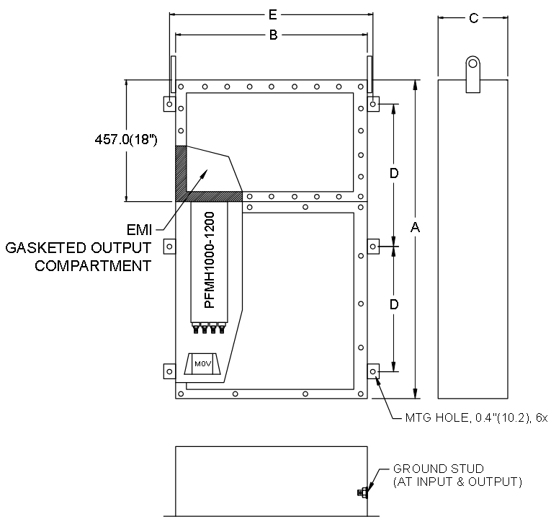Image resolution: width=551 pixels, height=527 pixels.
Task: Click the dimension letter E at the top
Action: [x=273, y=14]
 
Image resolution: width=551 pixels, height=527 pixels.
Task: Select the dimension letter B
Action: [x=273, y=35]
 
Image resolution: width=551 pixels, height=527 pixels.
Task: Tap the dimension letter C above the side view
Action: [x=474, y=18]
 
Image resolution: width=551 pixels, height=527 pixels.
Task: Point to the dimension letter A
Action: [x=415, y=228]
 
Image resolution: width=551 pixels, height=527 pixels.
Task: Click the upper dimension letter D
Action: [x=394, y=173]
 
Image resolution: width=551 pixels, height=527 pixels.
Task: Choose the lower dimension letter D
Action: [x=394, y=304]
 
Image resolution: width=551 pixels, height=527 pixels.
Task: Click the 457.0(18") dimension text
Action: [x=126, y=140]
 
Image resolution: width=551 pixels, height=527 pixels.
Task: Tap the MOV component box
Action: [x=203, y=364]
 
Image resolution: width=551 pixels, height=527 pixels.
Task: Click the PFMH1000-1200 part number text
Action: [x=209, y=260]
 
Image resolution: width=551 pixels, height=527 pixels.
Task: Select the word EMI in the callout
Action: [x=139, y=230]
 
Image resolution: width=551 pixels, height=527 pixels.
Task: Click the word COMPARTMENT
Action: [x=93, y=265]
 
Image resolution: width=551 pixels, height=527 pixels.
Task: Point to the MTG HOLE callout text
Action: [x=476, y=417]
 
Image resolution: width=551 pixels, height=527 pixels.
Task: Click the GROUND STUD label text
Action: [x=439, y=469]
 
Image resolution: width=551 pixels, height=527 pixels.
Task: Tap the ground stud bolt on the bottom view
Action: [x=362, y=492]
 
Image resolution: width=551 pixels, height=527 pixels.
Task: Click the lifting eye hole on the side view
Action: [x=473, y=63]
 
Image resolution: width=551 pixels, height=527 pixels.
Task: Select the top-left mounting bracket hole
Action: [x=169, y=104]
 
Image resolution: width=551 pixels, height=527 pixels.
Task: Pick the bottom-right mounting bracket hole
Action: [x=373, y=371]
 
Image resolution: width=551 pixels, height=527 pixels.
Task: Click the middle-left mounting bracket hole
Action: [x=169, y=247]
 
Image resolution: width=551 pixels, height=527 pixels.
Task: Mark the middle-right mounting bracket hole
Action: [x=373, y=247]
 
